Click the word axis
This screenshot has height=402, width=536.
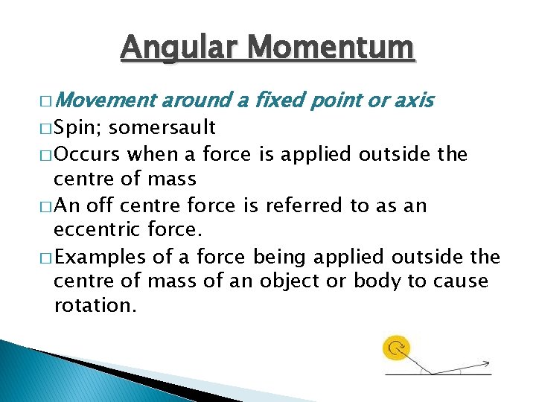click(x=413, y=100)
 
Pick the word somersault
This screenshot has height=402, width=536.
click(x=162, y=128)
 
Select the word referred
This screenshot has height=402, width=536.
click(x=311, y=205)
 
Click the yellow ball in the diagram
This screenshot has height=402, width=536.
click(x=397, y=348)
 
